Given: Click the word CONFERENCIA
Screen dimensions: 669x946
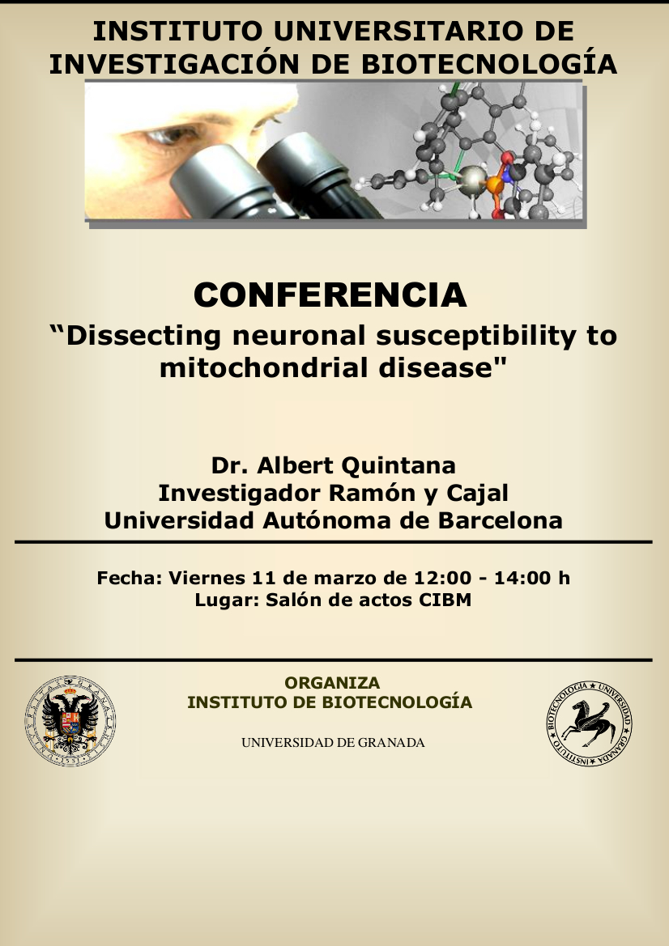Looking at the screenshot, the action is (x=330, y=295).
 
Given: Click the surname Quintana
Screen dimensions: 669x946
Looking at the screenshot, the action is (x=398, y=466).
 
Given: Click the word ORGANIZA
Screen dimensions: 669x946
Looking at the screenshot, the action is (x=332, y=683).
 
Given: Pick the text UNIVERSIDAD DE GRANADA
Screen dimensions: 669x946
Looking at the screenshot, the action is (x=333, y=743).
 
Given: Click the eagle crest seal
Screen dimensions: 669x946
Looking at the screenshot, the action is (x=70, y=721).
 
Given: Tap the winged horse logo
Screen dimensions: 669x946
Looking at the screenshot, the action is (x=590, y=723).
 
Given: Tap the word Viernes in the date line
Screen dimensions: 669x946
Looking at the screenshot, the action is (x=207, y=578).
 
